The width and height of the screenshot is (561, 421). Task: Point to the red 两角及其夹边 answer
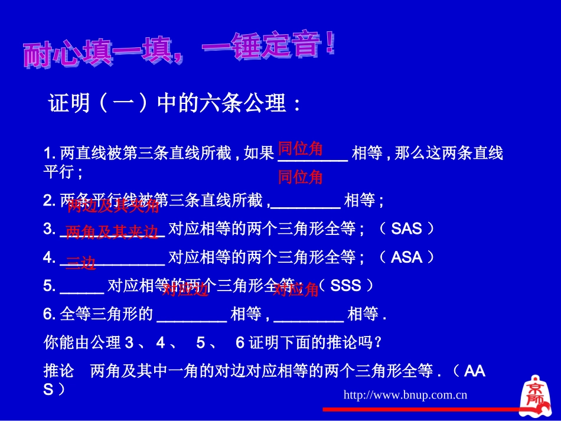[x=112, y=231]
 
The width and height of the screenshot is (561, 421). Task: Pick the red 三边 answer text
[x=80, y=263]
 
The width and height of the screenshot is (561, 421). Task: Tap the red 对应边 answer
[x=185, y=289]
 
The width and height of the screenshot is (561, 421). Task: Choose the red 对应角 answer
[x=296, y=289]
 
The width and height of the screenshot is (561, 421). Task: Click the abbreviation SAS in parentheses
[x=407, y=229]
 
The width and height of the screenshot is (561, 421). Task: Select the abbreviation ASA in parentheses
[x=407, y=257]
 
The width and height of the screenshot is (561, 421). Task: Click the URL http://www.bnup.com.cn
[x=405, y=394]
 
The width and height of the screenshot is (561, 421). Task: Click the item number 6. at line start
[x=50, y=314]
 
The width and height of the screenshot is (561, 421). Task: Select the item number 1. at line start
[x=50, y=154]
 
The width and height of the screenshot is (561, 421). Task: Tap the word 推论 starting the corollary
[x=59, y=371]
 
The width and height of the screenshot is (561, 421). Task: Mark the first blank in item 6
[x=191, y=315]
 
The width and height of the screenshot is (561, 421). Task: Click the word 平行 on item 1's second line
[x=59, y=172]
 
